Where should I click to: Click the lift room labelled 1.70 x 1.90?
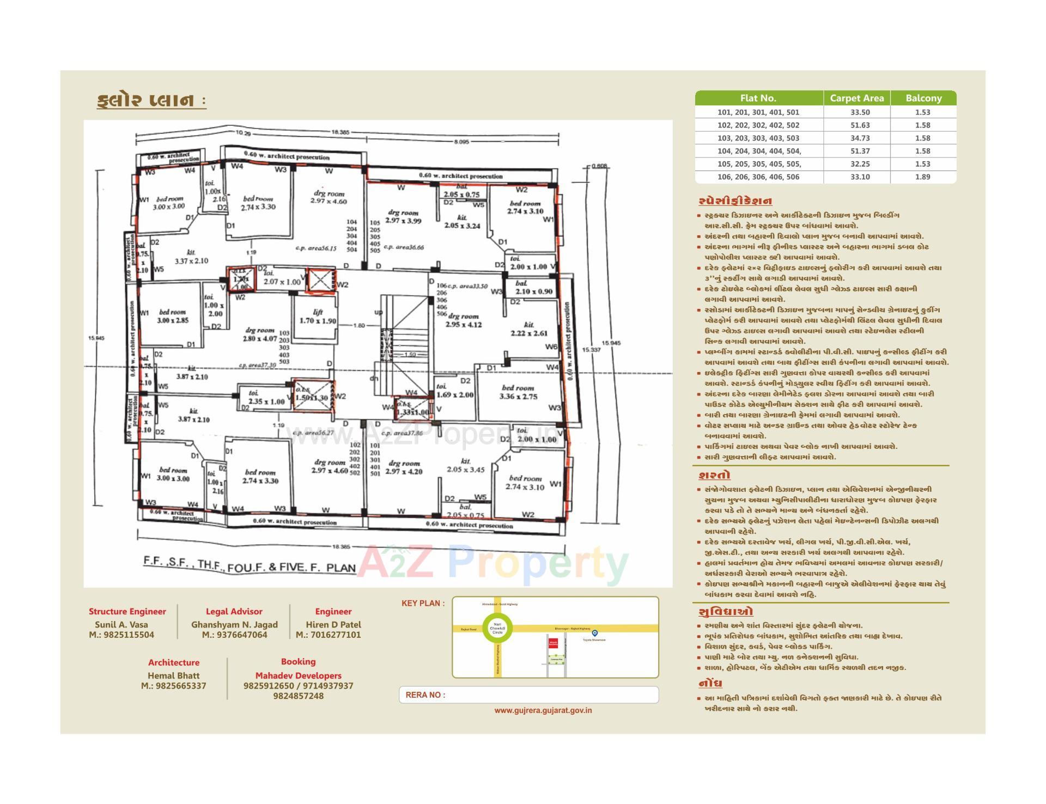click(318, 316)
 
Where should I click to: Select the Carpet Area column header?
click(856, 99)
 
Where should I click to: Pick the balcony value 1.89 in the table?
click(922, 177)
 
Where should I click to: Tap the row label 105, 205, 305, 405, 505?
click(759, 164)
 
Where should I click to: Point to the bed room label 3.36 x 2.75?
click(518, 392)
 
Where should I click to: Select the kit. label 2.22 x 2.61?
click(528, 329)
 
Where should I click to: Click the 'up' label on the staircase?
click(378, 312)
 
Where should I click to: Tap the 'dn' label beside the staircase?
click(374, 379)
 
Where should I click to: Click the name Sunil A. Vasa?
click(121, 625)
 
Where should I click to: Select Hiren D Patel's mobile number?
click(329, 635)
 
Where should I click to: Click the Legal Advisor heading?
click(234, 612)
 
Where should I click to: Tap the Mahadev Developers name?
click(298, 675)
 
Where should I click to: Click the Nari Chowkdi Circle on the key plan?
click(497, 628)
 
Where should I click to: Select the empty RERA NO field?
click(550, 695)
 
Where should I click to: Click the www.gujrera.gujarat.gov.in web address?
click(543, 710)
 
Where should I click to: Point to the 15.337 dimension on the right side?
click(591, 350)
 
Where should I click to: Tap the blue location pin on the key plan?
click(595, 633)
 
